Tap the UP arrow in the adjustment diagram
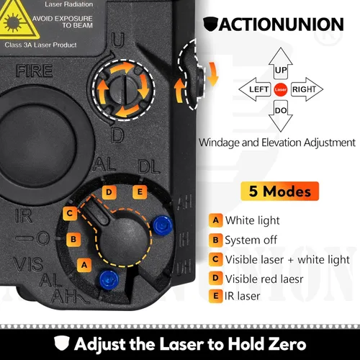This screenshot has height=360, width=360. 281,70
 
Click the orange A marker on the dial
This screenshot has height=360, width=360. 84,264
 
